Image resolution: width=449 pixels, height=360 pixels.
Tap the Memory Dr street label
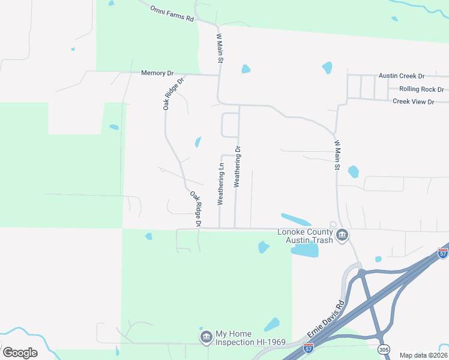coord(157,73)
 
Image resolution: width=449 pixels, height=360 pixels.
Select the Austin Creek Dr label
coord(401,76)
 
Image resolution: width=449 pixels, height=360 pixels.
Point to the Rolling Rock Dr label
coord(421,89)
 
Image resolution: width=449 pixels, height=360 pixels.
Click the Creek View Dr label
coord(413,102)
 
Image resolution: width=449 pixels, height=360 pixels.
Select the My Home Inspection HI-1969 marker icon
coord(206,337)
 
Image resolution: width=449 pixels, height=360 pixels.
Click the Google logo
coord(20,353)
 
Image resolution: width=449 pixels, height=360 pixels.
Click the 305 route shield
coord(382,349)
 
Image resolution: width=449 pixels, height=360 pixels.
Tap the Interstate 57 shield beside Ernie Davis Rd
coord(308,347)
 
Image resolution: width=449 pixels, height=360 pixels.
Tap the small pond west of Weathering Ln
coord(197,142)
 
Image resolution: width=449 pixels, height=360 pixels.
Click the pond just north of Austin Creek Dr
coord(327,68)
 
